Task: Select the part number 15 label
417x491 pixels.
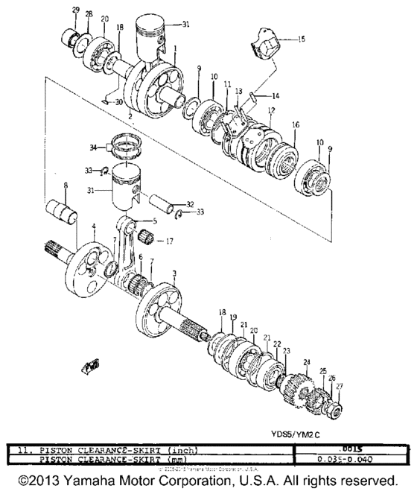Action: (x=301, y=38)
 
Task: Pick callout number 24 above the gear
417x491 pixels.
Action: (x=305, y=362)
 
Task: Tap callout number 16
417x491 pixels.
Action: (x=295, y=124)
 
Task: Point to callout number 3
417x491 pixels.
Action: (x=174, y=274)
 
